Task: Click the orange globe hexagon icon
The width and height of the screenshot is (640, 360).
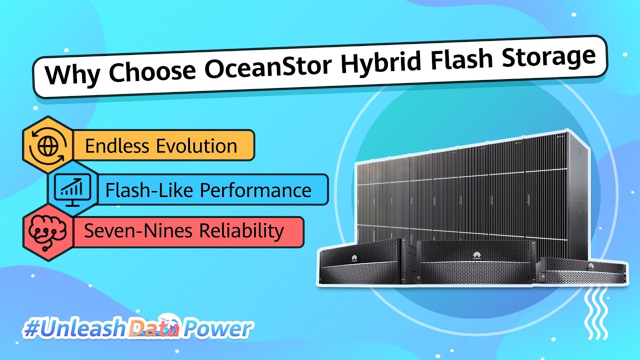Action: tap(48, 145)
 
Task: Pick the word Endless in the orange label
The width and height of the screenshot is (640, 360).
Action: tap(117, 146)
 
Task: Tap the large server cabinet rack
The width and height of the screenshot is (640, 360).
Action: tap(472, 190)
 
